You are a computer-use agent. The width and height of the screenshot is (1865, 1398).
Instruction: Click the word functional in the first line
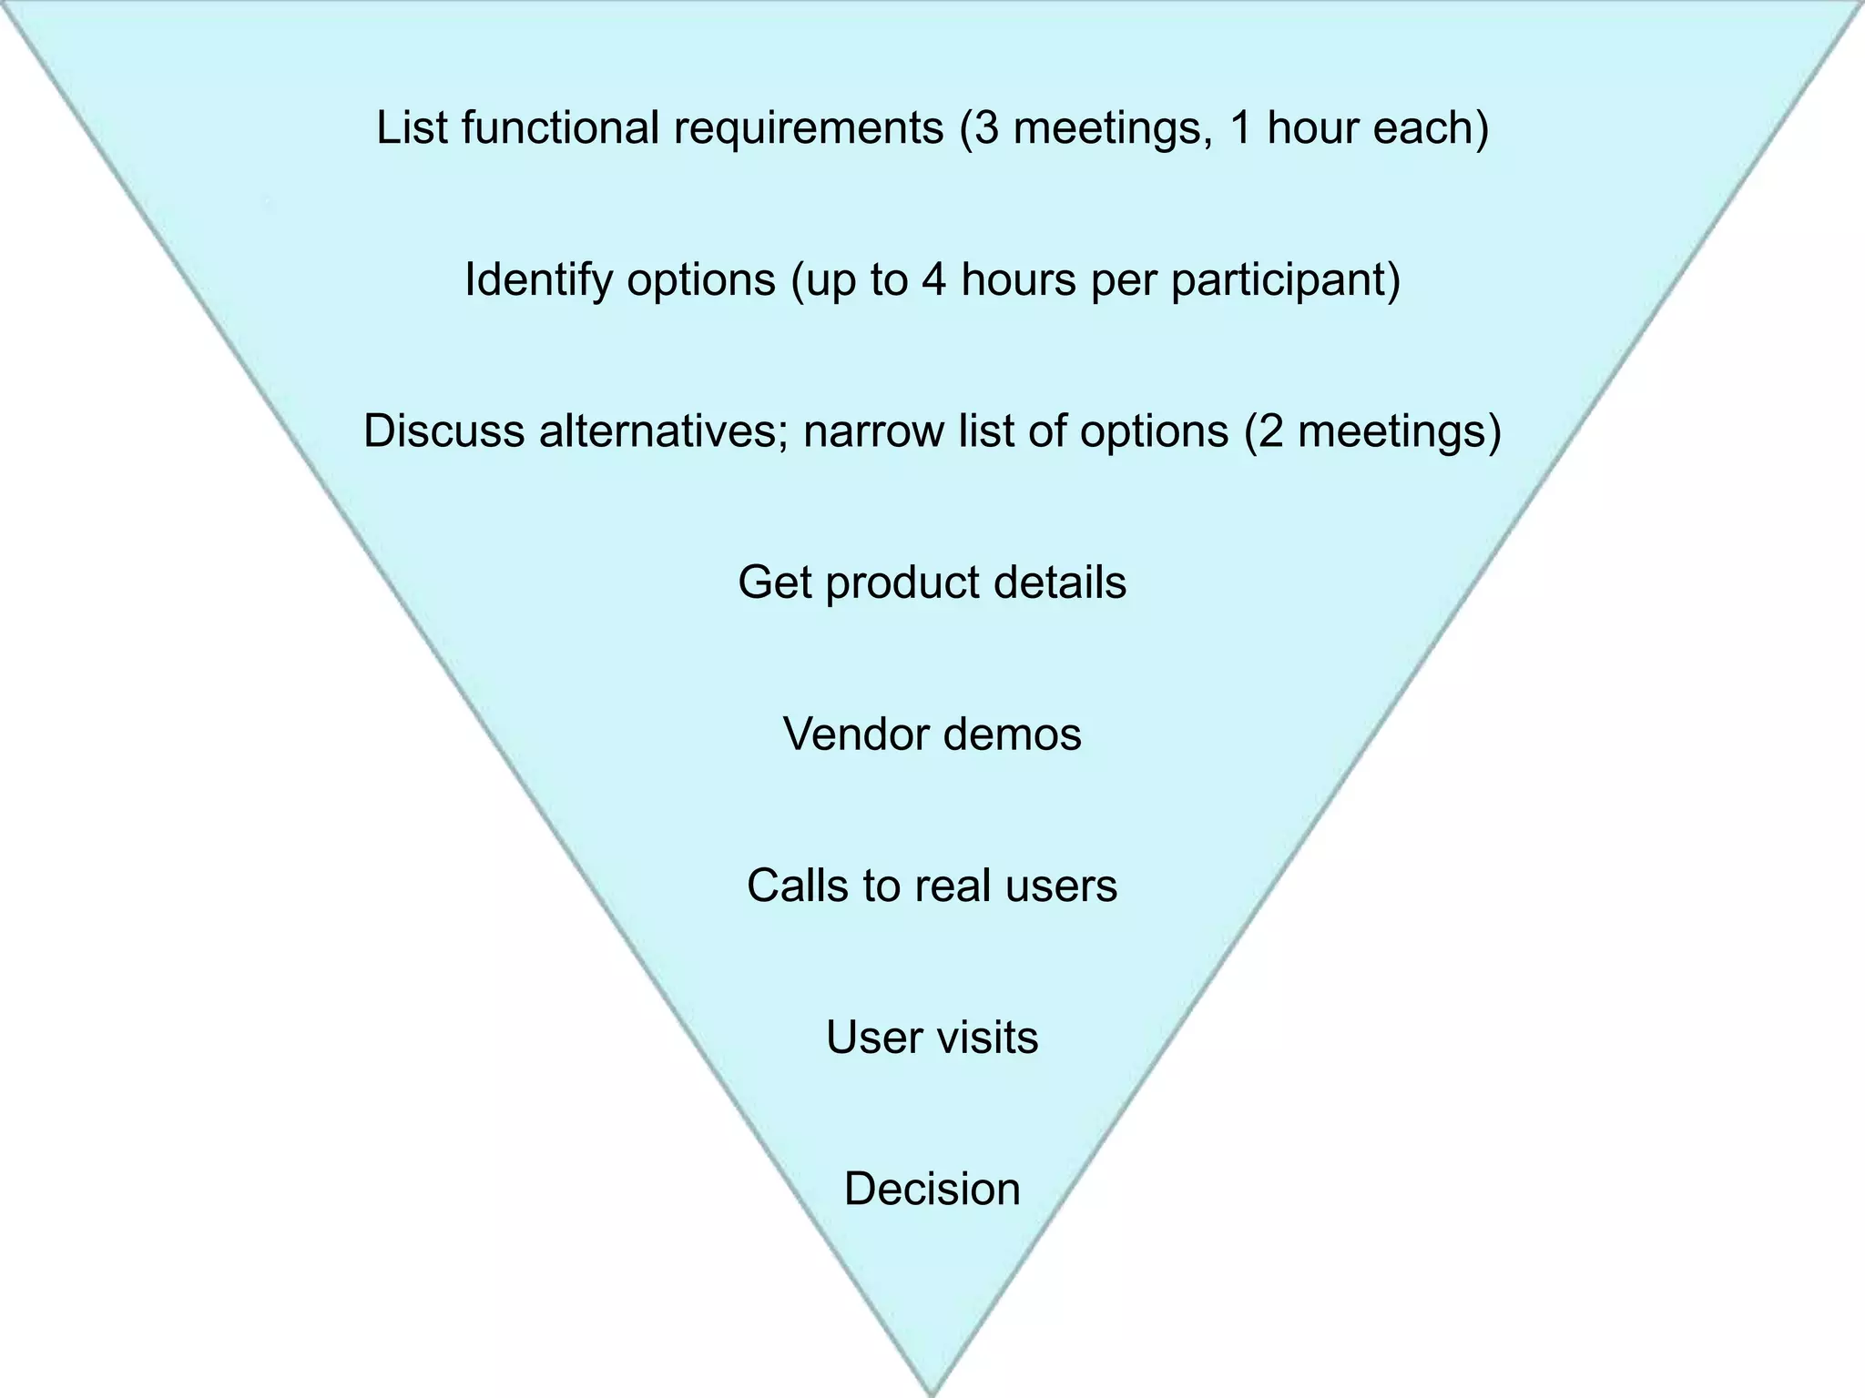coord(559,127)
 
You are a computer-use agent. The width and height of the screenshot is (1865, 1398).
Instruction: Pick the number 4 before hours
coord(934,279)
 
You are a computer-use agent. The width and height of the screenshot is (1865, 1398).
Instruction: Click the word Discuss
coord(444,431)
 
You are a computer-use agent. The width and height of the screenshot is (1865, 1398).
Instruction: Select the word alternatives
coord(664,431)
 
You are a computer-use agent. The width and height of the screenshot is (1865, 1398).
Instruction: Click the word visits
coord(987,1038)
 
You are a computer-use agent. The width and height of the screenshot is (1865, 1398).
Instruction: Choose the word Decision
coord(932,1190)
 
